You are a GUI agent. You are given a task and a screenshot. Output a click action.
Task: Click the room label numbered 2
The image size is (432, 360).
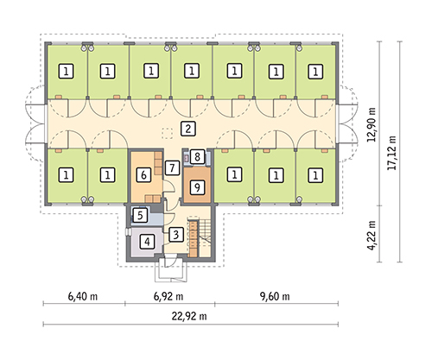[x=188, y=129]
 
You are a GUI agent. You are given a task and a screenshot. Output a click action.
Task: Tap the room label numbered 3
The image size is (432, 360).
[x=176, y=235]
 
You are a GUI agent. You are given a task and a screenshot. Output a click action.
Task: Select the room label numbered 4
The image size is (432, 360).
[x=147, y=242]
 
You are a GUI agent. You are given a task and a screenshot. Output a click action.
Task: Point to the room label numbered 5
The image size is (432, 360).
[x=140, y=215]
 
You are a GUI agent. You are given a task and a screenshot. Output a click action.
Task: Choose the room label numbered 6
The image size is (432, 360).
[x=143, y=174]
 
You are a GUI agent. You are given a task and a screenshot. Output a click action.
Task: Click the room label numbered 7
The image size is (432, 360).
[x=172, y=167]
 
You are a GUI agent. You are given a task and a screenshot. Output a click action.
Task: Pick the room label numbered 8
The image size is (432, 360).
[x=197, y=157]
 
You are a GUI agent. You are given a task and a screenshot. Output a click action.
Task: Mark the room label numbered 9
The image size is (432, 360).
[x=197, y=187]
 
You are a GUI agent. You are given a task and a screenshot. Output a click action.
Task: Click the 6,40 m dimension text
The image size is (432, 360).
[x=83, y=296]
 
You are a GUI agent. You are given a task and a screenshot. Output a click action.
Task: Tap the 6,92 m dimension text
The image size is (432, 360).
[x=168, y=296]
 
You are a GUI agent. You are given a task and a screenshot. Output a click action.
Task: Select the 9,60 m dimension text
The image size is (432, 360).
[x=275, y=296]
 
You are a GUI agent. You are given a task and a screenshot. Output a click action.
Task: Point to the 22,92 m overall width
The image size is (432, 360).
[x=189, y=316]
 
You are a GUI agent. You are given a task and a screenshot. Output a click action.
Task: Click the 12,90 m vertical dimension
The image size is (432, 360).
[x=372, y=124]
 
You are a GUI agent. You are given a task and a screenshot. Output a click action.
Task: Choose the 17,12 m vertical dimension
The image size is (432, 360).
[x=391, y=153]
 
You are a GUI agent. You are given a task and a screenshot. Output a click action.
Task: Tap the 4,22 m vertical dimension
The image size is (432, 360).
[x=372, y=235]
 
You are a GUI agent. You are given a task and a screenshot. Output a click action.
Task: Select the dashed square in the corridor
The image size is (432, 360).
[x=167, y=134]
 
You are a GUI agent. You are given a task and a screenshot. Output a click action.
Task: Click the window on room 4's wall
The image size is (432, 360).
[x=128, y=232]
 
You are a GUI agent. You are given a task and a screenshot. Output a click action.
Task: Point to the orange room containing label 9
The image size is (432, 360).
[x=197, y=185]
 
